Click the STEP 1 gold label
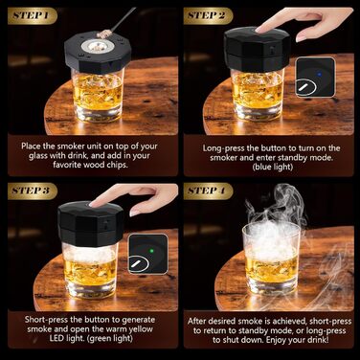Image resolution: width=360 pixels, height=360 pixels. pos(32,15)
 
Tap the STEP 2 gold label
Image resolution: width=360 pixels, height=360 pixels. pos(208,15)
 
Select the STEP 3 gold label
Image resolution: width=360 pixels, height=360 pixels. pos(32,191)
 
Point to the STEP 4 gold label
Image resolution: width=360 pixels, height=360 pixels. pos(208,191)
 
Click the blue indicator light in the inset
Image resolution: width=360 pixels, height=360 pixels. pos(319,74)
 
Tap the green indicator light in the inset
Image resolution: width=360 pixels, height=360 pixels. pos(151,251)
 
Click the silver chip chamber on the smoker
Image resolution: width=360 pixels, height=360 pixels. pos(97,46)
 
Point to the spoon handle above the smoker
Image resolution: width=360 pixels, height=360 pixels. pos(123,19)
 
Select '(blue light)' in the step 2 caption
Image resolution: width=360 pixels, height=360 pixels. pos(273,167)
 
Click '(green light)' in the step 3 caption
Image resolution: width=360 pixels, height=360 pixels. pos(109,338)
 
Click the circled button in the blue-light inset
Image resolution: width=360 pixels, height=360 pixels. pos(305,87)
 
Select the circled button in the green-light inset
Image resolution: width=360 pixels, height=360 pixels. pos(139,263)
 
